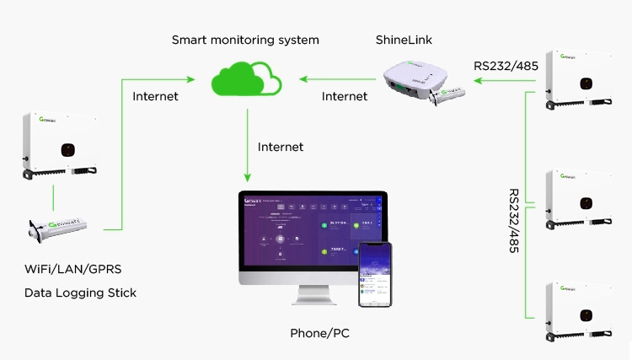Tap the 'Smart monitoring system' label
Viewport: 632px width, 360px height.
coord(245,40)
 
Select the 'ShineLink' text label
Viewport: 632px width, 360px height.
coord(404,40)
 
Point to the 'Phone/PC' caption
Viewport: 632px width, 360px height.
coord(319,333)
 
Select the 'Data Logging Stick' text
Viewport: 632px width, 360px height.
coord(80,293)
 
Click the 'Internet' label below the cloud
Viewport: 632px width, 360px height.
coord(281,147)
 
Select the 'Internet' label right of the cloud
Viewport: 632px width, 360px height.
coord(345,96)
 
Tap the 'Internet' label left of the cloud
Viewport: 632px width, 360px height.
coord(156,96)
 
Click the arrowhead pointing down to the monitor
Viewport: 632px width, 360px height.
coord(247,178)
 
